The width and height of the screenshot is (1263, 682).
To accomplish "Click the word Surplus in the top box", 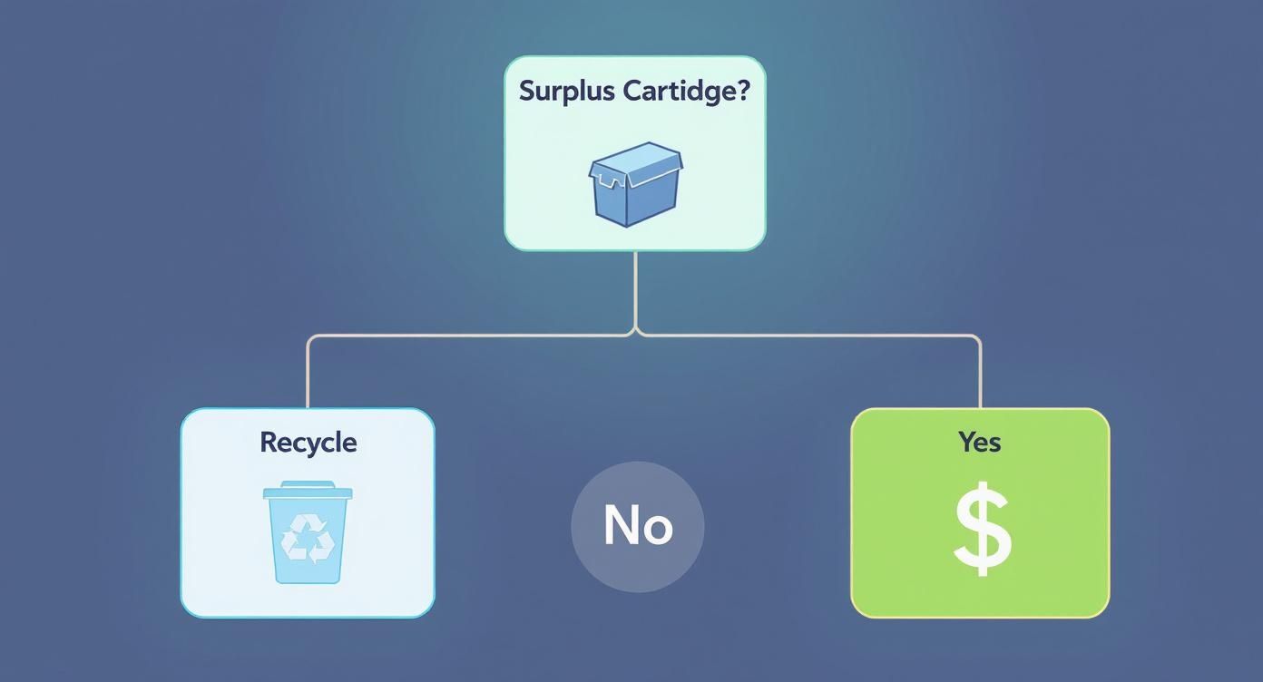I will tap(567, 92).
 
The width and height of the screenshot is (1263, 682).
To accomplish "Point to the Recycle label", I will tap(308, 443).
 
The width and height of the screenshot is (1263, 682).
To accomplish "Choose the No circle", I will tap(637, 527).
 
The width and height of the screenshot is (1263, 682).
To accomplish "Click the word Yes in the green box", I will tap(980, 442).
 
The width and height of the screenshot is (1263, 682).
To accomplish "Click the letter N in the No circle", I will tap(619, 525).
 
